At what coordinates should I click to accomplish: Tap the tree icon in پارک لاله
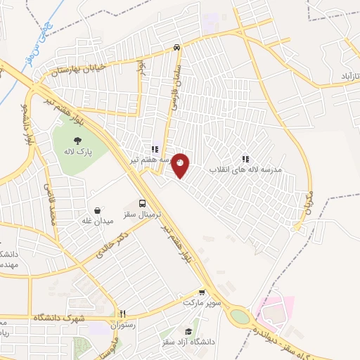pyautogui.click(x=75, y=139)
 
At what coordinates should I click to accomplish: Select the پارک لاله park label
pyautogui.click(x=75, y=150)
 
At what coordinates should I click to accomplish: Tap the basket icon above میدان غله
pyautogui.click(x=98, y=210)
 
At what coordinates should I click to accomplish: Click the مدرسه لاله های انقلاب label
pyautogui.click(x=245, y=170)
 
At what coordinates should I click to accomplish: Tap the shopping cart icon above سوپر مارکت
pyautogui.click(x=202, y=292)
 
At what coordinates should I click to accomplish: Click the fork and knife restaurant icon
pyautogui.click(x=122, y=314)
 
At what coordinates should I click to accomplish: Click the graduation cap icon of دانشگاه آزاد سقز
pyautogui.click(x=188, y=331)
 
